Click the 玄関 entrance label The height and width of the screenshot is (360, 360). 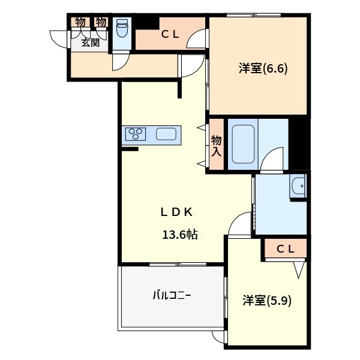pyautogui.click(x=91, y=42)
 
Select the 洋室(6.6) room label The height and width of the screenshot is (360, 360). pyautogui.click(x=263, y=68)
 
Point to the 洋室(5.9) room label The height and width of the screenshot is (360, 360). pyautogui.click(x=267, y=300)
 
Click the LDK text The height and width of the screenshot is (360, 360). pyautogui.click(x=176, y=212)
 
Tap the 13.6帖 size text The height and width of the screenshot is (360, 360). pyautogui.click(x=179, y=234)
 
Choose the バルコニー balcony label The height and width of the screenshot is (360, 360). pyautogui.click(x=171, y=295)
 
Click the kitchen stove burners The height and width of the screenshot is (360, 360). pyautogui.click(x=134, y=134)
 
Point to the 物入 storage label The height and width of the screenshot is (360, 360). pyautogui.click(x=216, y=146)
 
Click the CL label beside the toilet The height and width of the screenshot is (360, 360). pyautogui.click(x=170, y=35)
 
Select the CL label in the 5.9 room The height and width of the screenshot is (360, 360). pyautogui.click(x=285, y=249)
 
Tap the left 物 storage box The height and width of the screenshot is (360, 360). pyautogui.click(x=80, y=22)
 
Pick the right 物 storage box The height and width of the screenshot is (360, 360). pyautogui.click(x=101, y=22)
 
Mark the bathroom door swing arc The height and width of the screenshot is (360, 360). pyautogui.click(x=274, y=157)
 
